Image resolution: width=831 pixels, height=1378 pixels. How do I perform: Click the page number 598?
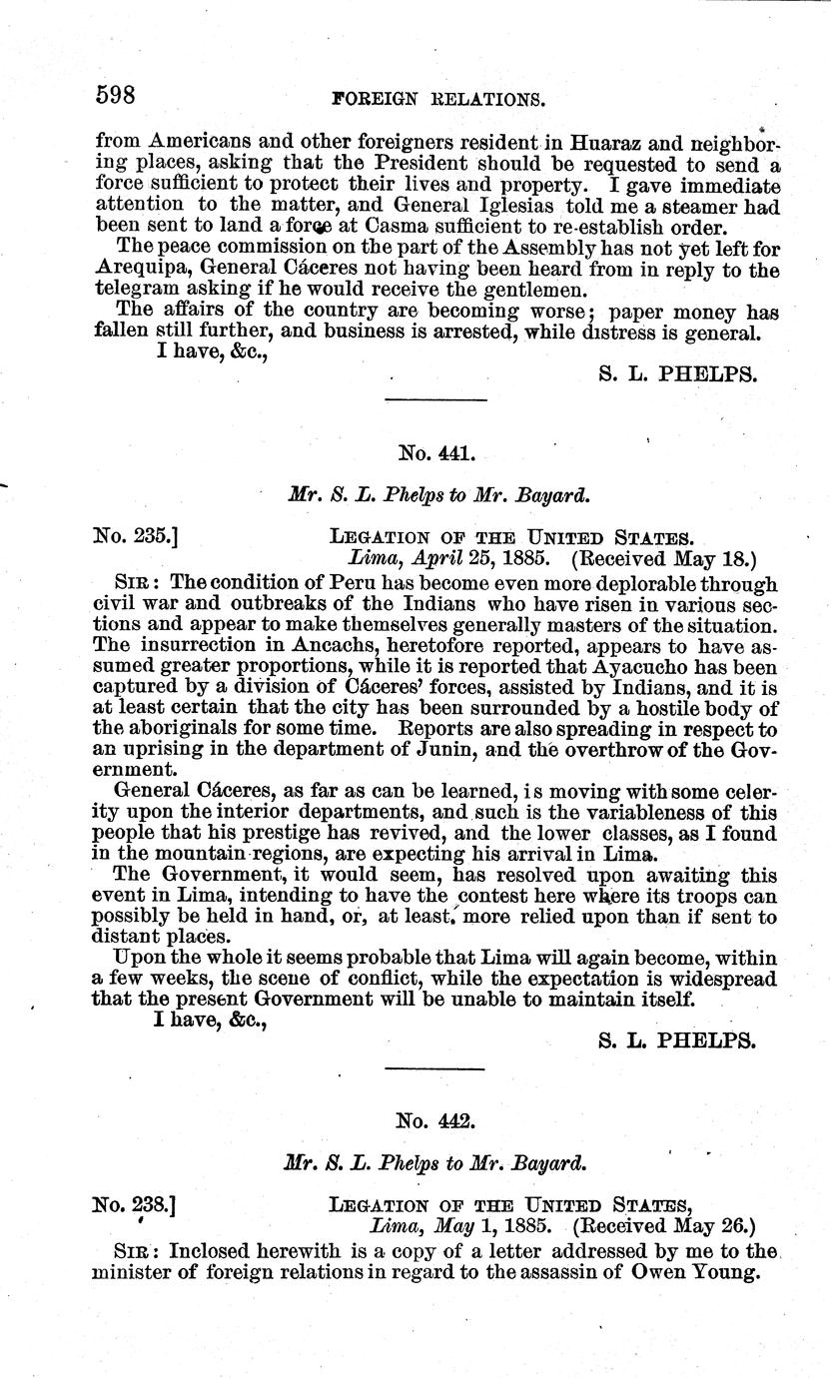[x=115, y=96]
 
